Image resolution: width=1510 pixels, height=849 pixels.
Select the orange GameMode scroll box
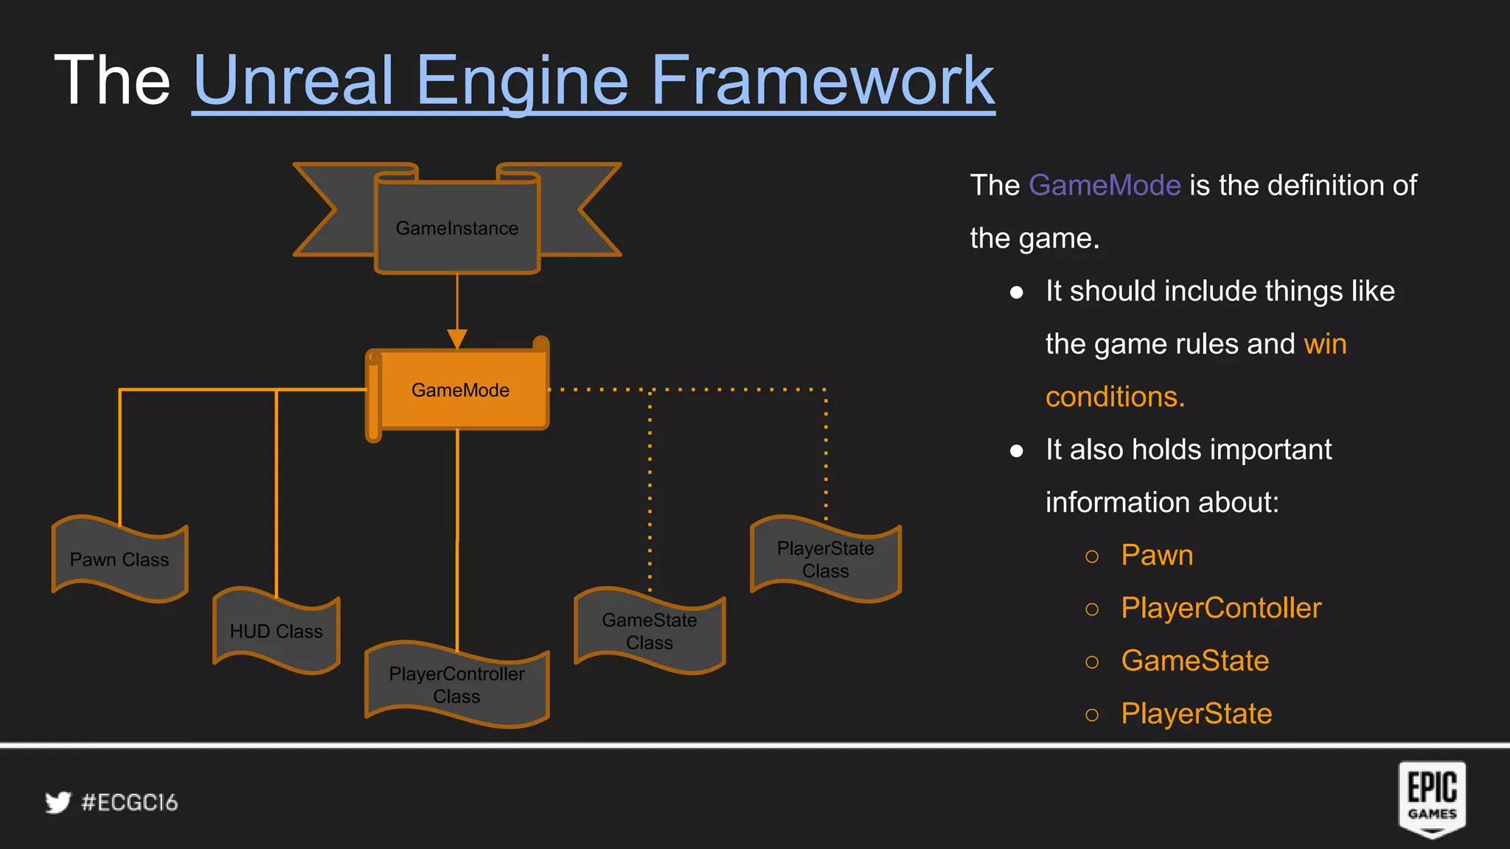tap(460, 390)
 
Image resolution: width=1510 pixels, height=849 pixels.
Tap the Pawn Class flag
tap(119, 559)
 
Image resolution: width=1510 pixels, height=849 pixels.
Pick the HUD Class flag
tap(276, 631)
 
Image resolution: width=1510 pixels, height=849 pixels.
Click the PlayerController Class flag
tap(457, 685)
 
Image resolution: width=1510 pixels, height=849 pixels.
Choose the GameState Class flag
tap(650, 631)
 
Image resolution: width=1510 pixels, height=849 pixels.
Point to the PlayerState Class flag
tap(826, 559)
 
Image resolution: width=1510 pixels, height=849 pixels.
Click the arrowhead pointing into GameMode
tap(457, 338)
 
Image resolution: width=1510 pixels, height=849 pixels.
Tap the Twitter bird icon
tap(58, 803)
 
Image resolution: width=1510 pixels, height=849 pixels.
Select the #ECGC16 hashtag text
tap(130, 803)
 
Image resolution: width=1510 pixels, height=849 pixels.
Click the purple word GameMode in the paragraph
tap(1104, 185)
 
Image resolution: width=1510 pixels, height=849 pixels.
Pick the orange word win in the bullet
tap(1325, 344)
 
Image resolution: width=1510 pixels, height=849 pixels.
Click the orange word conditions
tap(1115, 397)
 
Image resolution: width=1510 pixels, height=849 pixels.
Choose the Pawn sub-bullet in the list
tap(1157, 555)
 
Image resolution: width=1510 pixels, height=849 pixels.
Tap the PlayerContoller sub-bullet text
tap(1221, 608)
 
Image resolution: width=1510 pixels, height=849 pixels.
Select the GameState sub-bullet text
tap(1195, 661)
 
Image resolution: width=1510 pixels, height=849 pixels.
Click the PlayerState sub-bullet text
tap(1197, 713)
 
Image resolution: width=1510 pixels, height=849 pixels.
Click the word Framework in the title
tap(822, 81)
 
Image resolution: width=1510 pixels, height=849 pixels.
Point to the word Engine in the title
tap(521, 81)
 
